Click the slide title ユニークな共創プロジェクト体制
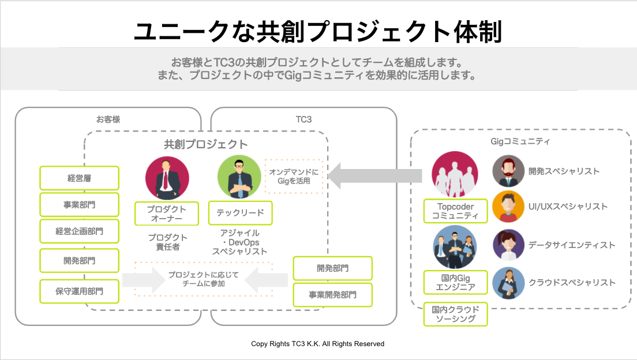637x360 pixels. coord(318,32)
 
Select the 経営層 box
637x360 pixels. coord(79,178)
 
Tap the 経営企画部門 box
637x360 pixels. coord(79,231)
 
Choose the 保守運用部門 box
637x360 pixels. coord(79,291)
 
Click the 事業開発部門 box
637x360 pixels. coord(333,295)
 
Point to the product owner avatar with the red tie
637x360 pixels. coord(167,178)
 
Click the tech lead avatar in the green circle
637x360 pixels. coord(239,177)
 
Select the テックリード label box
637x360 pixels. coord(240,213)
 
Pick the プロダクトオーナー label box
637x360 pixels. coord(167,213)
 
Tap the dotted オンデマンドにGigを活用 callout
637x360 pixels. coord(294,177)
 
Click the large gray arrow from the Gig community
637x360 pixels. coord(374,175)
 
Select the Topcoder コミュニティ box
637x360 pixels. coord(455,211)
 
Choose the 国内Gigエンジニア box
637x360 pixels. coord(455,282)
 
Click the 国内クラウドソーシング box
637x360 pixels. coord(455,314)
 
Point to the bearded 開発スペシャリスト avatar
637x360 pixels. coord(508,171)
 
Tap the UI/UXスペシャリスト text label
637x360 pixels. coord(568,207)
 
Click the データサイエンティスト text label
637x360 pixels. coord(572,245)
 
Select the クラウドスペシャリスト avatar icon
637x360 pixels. coord(508,283)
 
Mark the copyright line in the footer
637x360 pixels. coord(318,344)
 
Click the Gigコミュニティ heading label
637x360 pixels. coord(520,141)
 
